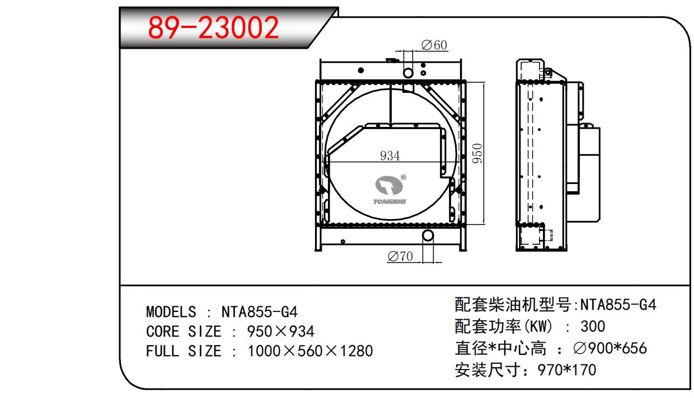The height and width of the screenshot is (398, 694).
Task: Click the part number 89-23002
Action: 213,28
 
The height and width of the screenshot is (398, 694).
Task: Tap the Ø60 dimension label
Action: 434,45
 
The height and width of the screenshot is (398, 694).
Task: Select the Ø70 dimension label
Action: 400,257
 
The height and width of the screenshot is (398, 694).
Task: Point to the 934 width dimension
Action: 390,156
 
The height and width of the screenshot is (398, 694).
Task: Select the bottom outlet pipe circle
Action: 428,235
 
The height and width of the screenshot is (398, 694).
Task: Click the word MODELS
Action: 171,312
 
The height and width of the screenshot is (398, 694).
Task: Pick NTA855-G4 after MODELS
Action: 259,312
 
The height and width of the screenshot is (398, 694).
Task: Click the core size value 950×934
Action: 281,331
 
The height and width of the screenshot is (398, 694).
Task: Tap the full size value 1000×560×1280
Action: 310,351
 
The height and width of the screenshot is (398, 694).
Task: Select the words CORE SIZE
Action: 183,331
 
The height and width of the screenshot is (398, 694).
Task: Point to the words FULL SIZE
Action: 183,351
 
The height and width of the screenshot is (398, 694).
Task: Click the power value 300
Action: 593,326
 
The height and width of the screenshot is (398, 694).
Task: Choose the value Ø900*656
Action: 610,348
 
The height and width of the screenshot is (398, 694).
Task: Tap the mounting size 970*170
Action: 566,369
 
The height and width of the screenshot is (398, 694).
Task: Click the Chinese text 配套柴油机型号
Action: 512,305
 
